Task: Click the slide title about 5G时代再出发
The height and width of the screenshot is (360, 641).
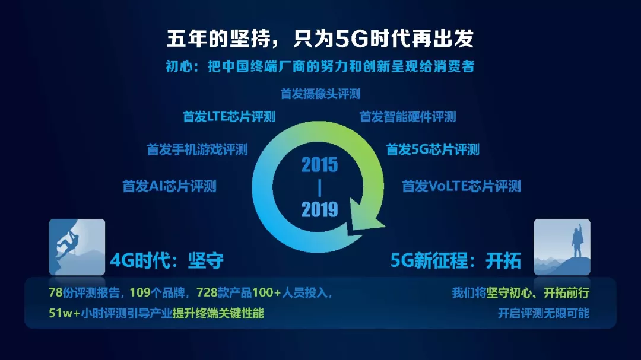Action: tap(320, 39)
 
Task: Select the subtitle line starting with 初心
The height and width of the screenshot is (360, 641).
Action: tap(320, 66)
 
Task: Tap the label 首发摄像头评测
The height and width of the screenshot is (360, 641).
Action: tap(320, 94)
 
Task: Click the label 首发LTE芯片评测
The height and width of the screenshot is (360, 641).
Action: tap(229, 117)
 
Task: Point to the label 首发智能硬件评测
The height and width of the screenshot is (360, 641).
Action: tap(408, 117)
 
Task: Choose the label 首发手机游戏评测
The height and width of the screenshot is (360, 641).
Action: tap(197, 149)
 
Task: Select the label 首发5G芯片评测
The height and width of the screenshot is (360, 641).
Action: tap(433, 149)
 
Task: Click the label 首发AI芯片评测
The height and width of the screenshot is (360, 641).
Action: tap(169, 186)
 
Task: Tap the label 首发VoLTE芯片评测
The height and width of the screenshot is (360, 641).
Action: tap(462, 186)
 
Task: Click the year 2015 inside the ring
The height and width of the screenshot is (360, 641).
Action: tap(320, 165)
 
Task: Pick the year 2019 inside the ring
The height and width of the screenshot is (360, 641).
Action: tap(320, 209)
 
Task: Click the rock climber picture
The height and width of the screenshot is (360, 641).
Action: tap(77, 247)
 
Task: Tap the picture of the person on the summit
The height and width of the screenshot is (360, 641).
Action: tap(562, 247)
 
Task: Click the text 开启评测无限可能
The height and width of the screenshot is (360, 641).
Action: tap(543, 313)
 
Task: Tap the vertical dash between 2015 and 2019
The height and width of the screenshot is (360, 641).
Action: tap(320, 187)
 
